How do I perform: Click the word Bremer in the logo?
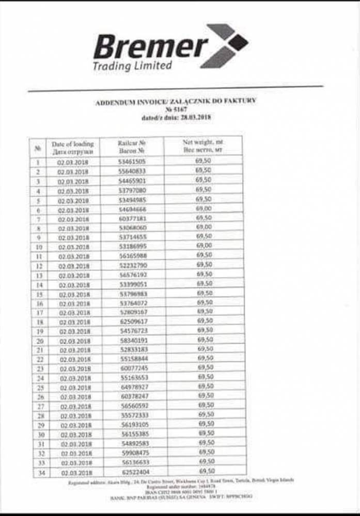150,47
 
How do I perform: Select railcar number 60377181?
132,218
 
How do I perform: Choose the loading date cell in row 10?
74,247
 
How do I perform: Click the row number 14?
39,284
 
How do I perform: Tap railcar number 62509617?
133,321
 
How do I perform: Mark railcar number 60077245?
133,368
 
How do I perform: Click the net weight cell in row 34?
206,471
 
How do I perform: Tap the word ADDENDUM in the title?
115,103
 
